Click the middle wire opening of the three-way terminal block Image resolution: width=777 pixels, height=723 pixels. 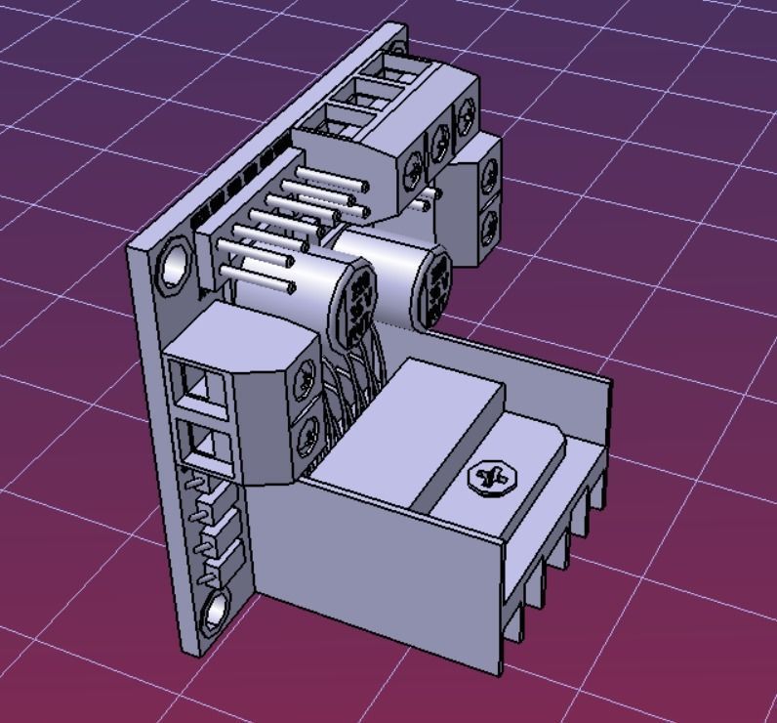click(357, 98)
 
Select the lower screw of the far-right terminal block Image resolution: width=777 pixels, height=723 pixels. click(491, 219)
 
